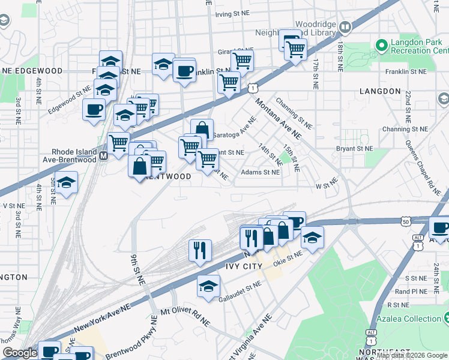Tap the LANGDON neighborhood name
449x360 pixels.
(380, 91)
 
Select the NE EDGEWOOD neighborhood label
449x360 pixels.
(32, 71)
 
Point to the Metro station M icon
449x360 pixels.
(103, 156)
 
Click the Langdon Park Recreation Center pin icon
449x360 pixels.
(380, 45)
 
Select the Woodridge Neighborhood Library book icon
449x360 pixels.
(345, 26)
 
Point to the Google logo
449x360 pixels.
(20, 353)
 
